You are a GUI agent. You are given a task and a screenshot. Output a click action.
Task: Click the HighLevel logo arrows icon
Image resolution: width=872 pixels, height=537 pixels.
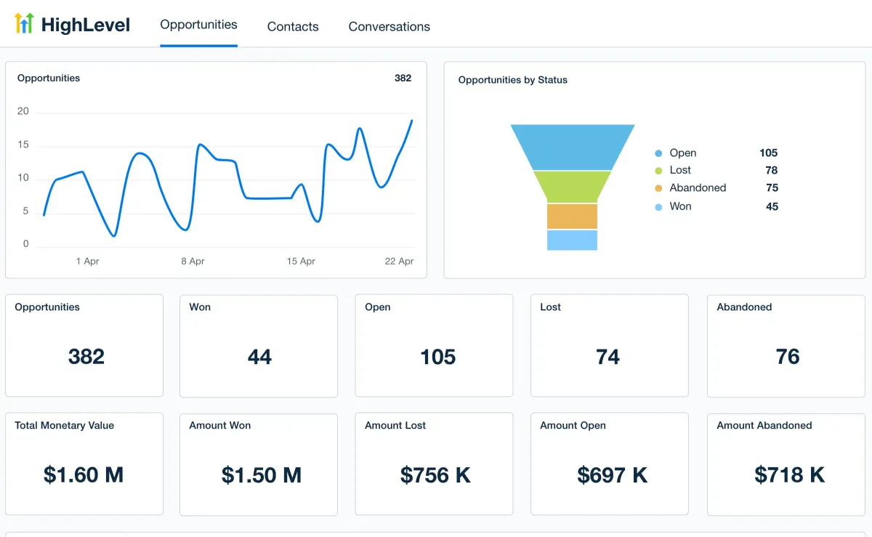point(24,24)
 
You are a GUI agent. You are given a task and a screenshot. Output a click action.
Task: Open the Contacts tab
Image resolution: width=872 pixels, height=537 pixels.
point(293,27)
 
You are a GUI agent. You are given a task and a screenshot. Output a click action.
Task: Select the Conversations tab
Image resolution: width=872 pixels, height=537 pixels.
point(389,27)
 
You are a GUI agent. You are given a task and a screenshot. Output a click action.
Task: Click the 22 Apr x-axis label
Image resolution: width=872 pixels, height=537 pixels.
point(400,261)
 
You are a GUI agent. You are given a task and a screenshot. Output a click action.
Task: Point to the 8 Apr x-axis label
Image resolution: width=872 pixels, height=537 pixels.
point(193,261)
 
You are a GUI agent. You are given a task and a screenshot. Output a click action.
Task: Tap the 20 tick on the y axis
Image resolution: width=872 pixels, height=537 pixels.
point(23,111)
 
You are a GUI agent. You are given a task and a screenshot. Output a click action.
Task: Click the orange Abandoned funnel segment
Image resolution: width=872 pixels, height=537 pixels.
point(572,216)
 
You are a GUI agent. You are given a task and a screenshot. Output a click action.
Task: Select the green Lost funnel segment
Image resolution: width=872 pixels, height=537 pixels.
point(572,186)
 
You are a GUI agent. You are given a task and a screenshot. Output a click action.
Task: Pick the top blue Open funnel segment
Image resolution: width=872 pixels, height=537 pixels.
point(572,147)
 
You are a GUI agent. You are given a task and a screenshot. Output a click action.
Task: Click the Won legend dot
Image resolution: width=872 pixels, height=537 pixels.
point(658,207)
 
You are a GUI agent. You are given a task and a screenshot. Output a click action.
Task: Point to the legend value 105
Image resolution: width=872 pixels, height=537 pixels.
point(768,153)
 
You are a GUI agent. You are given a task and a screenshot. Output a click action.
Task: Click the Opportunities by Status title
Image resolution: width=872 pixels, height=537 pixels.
point(512,80)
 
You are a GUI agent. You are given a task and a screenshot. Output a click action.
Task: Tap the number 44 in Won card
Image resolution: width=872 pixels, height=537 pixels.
point(259,357)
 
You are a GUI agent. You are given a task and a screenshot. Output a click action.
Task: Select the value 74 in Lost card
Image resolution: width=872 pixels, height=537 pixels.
point(607,357)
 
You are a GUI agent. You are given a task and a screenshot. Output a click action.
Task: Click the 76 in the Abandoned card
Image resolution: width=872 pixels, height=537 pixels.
point(788,357)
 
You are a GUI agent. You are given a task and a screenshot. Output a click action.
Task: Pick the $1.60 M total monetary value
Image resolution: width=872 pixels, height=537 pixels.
point(84,475)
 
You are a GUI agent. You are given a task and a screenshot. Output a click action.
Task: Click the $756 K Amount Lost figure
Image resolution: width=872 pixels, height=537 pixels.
point(435,475)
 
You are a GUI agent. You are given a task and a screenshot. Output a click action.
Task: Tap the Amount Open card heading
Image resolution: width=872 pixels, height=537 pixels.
point(573,426)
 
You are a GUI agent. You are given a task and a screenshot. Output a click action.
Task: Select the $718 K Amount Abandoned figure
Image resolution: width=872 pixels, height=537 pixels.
point(789,475)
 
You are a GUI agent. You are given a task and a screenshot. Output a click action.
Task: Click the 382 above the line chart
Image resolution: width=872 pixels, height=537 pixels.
point(403,78)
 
